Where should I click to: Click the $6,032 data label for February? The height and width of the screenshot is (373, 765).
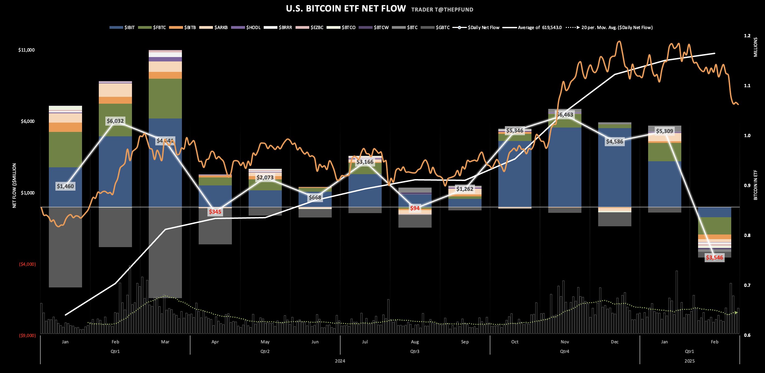tap(115, 121)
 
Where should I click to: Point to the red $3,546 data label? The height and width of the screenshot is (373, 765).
tap(714, 258)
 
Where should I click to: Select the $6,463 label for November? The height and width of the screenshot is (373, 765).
tap(564, 115)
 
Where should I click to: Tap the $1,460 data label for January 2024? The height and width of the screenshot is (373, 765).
tap(65, 186)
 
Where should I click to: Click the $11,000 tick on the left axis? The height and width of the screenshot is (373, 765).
tap(26, 50)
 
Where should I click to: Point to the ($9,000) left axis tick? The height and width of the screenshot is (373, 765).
tap(27, 336)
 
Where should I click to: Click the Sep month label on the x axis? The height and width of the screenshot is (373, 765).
tap(465, 342)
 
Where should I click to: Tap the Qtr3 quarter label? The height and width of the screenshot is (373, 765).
tap(415, 351)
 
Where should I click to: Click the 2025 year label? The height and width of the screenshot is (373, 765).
tap(689, 361)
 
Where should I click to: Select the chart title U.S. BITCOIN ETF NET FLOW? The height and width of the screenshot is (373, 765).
tap(346, 9)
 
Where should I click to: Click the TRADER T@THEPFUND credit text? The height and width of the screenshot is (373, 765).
tap(442, 10)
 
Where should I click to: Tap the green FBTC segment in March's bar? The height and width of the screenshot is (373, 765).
tap(165, 98)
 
